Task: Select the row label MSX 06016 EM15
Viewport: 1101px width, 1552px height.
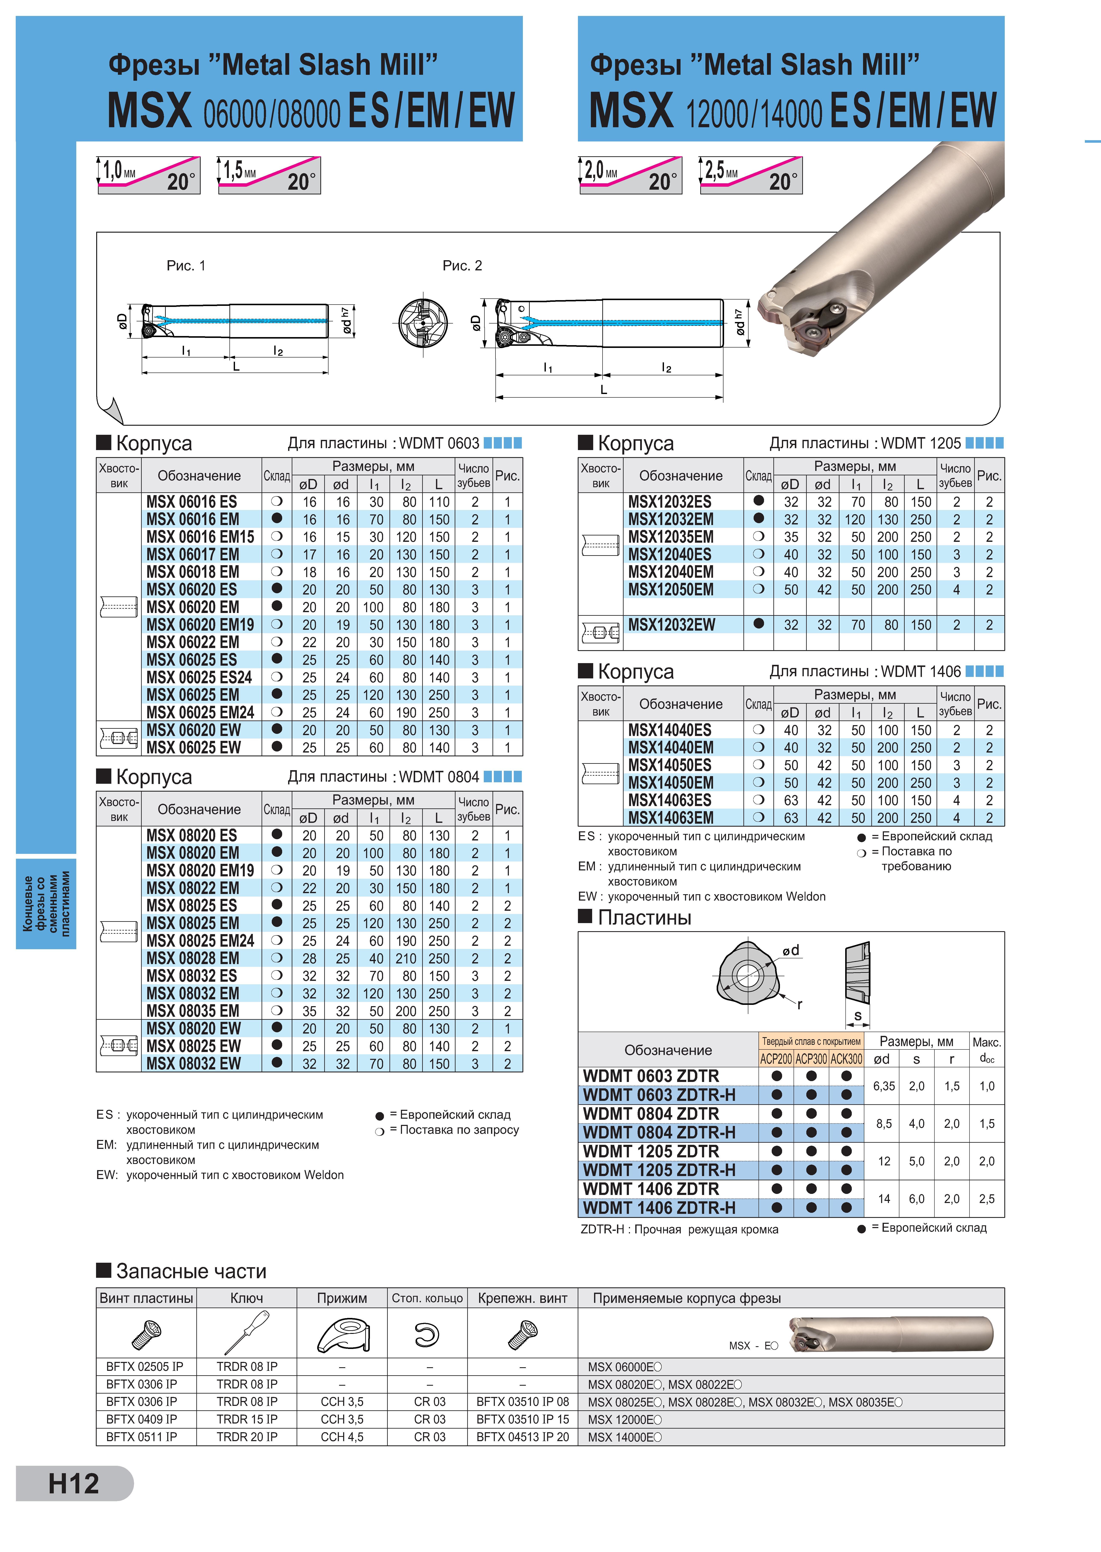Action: click(x=200, y=537)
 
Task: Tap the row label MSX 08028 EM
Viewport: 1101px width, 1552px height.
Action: click(x=192, y=958)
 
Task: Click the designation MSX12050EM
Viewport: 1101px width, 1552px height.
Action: click(x=671, y=590)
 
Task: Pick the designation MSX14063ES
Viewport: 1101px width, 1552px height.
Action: click(x=670, y=800)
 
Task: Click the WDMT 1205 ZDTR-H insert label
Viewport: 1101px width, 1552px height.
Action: click(x=659, y=1170)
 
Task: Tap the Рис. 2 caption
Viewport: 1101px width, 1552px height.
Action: click(x=462, y=266)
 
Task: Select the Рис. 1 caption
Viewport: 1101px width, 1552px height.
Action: click(x=186, y=266)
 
